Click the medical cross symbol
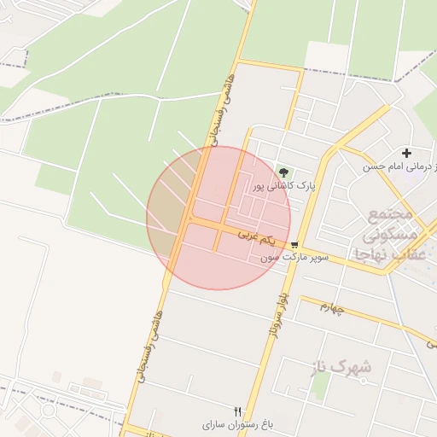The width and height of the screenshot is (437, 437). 406,153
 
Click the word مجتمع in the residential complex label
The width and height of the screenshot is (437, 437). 392,213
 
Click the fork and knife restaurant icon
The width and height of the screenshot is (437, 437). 237,411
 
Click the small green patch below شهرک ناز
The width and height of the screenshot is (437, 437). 321,388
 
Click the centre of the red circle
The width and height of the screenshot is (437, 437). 218,218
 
